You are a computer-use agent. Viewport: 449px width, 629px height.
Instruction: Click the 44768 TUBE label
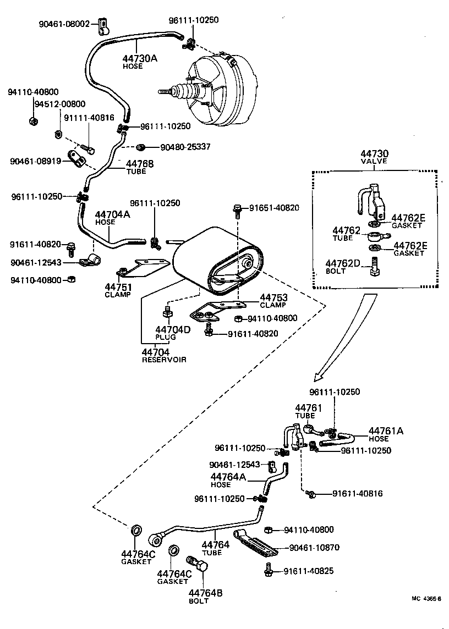click(139, 167)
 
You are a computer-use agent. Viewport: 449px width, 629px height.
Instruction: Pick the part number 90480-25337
click(185, 147)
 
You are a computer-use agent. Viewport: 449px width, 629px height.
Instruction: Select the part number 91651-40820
click(274, 208)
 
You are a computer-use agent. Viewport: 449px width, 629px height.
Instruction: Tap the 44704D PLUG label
click(172, 333)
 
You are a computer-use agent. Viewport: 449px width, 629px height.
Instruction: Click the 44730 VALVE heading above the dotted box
click(374, 157)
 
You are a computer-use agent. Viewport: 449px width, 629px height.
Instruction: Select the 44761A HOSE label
click(386, 434)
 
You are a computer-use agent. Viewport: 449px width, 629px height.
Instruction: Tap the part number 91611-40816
click(357, 494)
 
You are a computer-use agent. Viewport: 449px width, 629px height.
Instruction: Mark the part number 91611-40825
click(308, 571)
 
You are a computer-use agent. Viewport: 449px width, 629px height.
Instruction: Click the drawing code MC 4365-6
click(426, 599)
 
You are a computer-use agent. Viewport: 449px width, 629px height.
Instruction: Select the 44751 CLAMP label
click(118, 290)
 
